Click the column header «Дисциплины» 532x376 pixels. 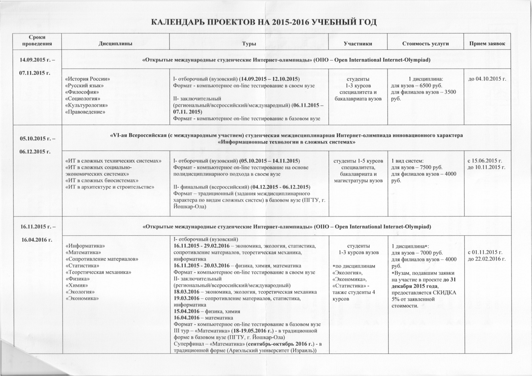[115, 44]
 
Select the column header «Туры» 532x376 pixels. [249, 44]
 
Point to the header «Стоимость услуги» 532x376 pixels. [425, 44]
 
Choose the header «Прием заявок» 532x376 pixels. [487, 44]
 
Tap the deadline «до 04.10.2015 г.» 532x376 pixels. [487, 79]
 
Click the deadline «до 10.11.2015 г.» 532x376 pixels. [486, 167]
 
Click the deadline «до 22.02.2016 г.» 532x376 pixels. [486, 259]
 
